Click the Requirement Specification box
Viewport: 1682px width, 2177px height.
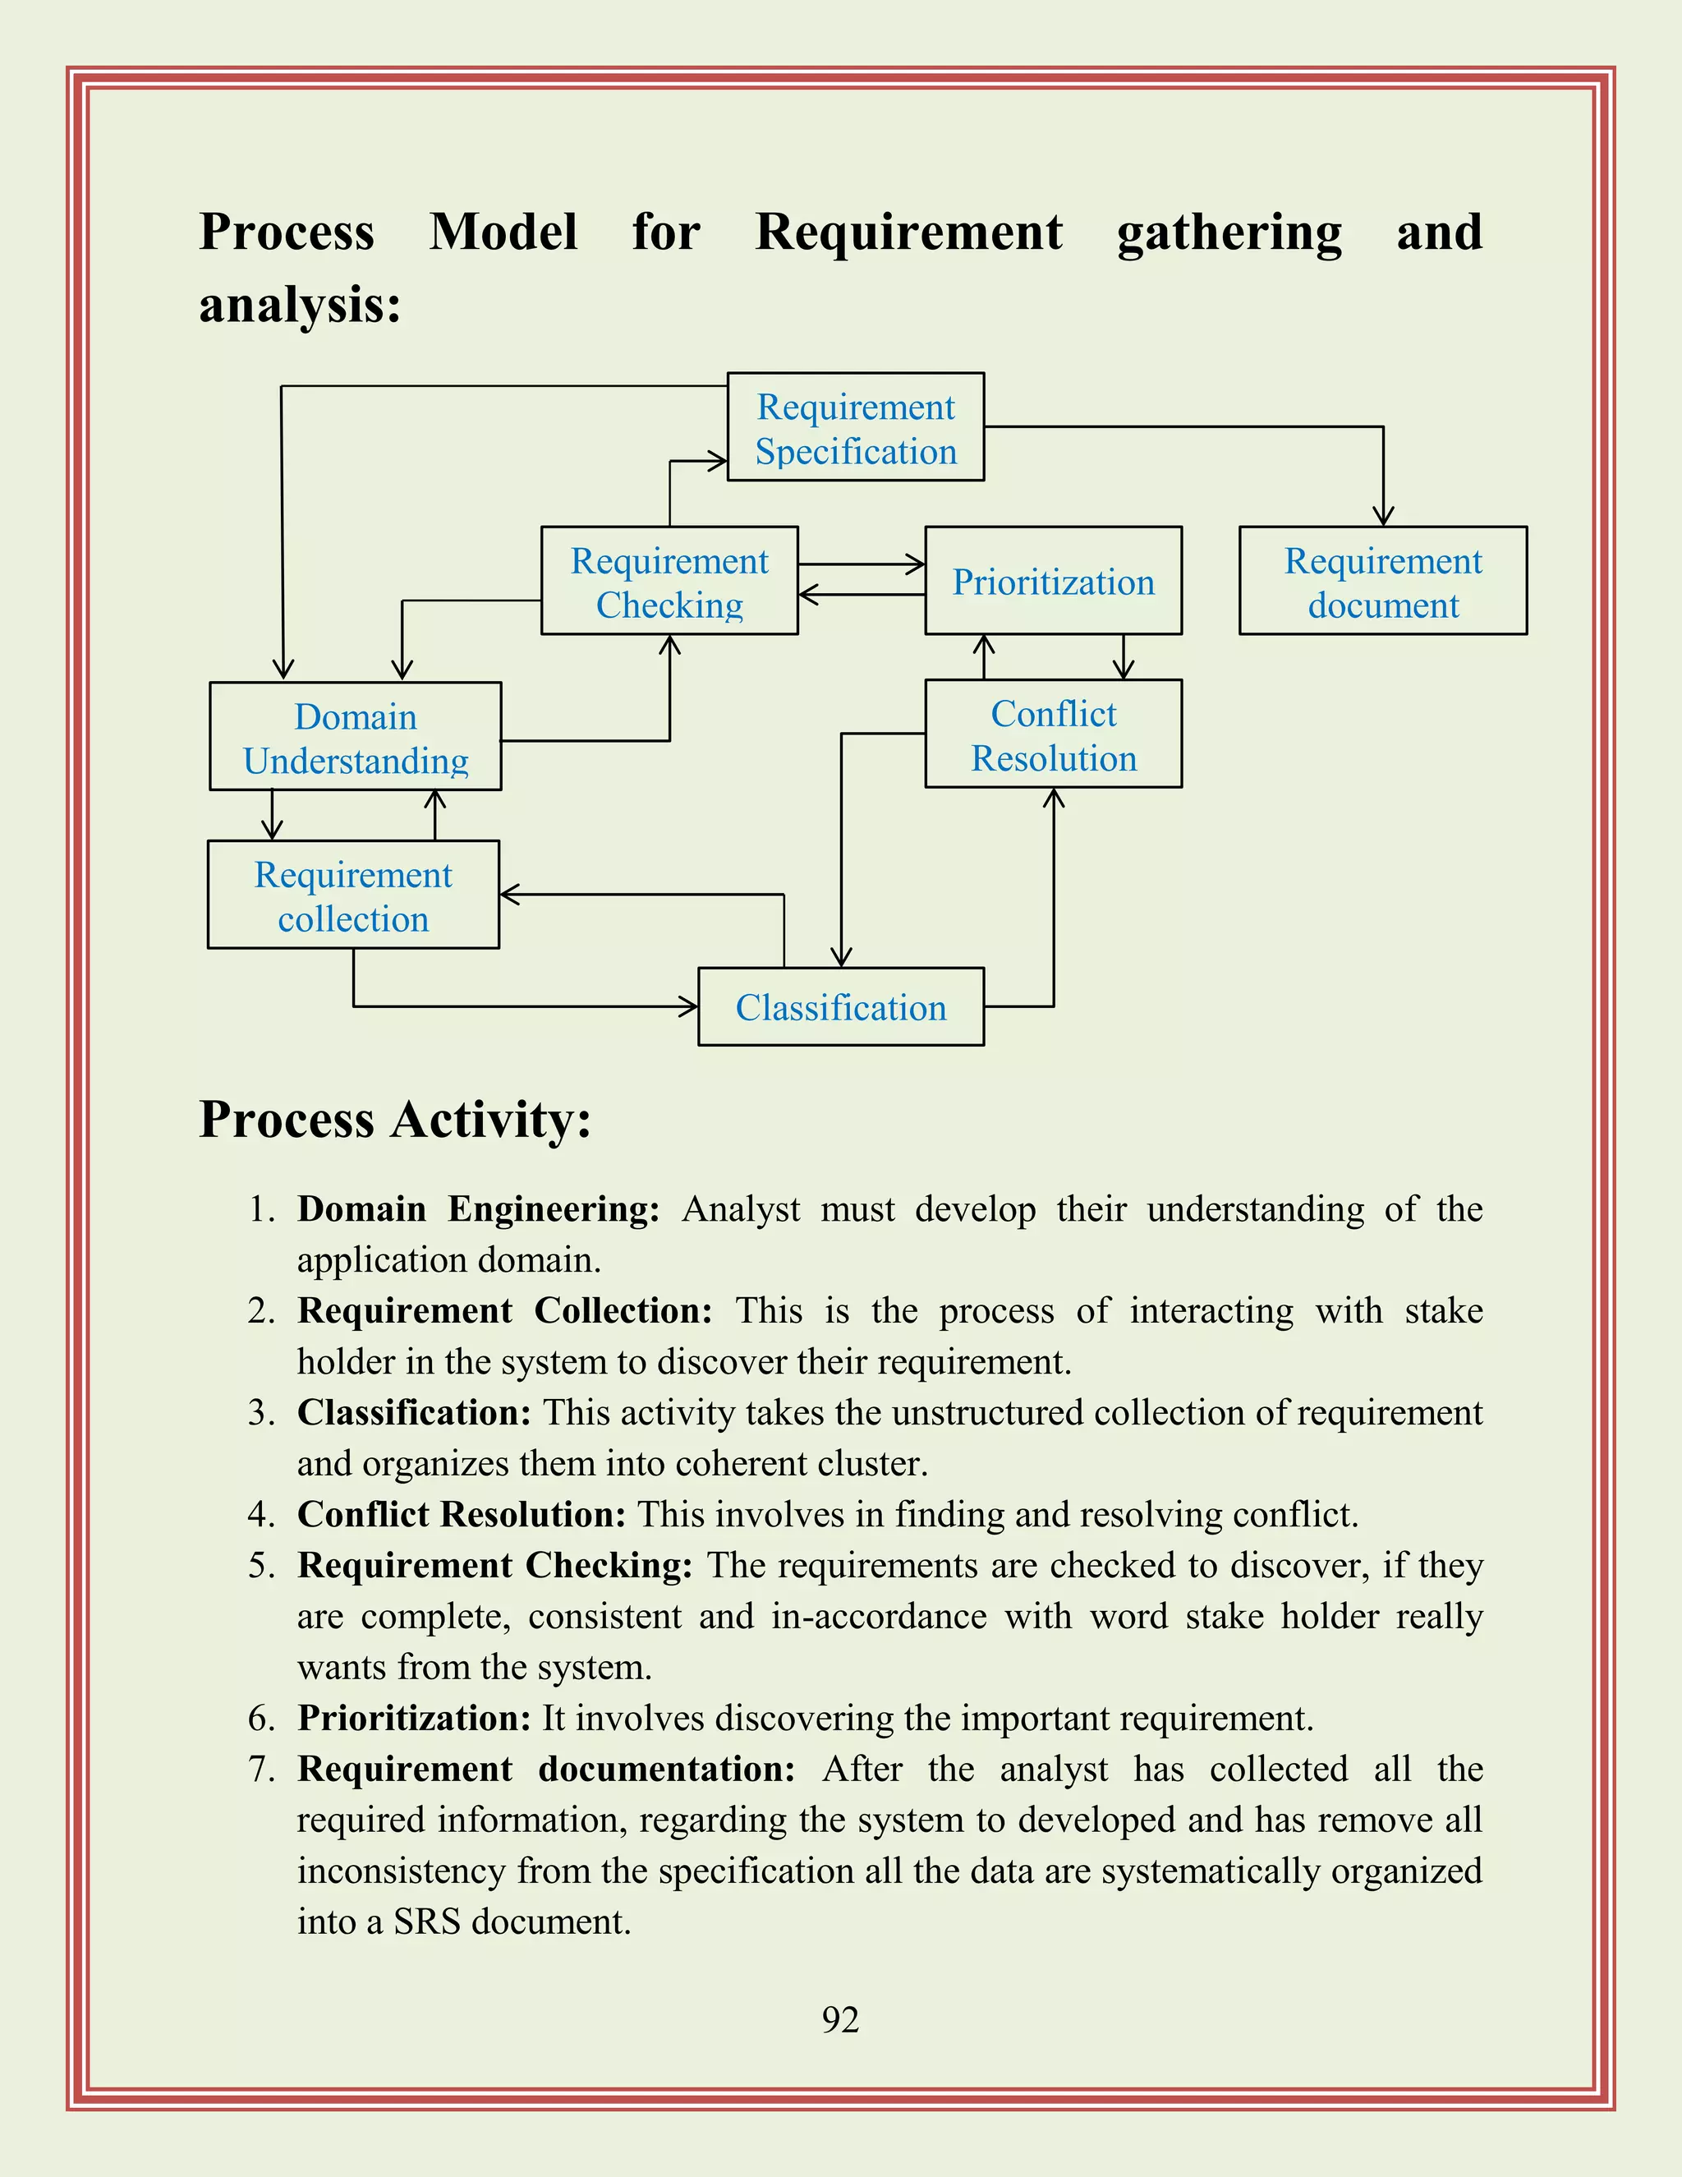click(x=855, y=428)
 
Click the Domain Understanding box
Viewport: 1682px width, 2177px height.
click(x=355, y=737)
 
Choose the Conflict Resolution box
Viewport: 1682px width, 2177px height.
click(x=1053, y=734)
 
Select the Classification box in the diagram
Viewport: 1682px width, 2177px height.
click(x=840, y=1007)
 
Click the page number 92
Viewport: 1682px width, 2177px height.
click(x=840, y=2019)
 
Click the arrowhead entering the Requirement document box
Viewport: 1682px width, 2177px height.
click(x=1383, y=517)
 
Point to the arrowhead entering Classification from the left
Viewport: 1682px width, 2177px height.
click(x=688, y=1007)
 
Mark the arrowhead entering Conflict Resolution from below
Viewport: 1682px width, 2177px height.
click(x=1053, y=798)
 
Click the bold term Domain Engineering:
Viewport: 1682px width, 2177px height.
click(x=478, y=1209)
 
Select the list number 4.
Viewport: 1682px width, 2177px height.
click(x=261, y=1514)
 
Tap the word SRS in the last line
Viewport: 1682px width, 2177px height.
click(x=425, y=1922)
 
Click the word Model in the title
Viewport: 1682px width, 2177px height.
click(x=503, y=232)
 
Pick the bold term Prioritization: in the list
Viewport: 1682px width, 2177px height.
click(x=414, y=1719)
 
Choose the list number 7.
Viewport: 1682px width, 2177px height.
click(x=261, y=1770)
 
